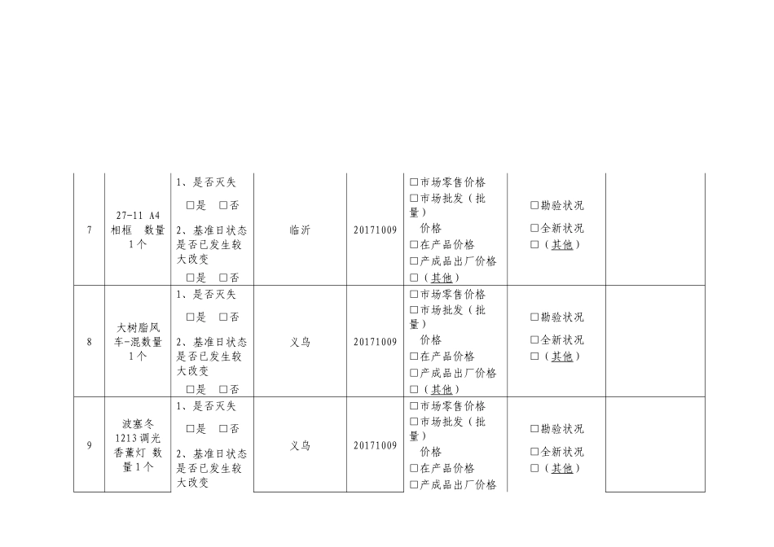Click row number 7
pos(89,230)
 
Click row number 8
pos(89,342)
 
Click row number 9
pos(89,445)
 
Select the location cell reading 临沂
pos(300,230)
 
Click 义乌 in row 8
pos(300,342)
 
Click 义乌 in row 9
pos(300,445)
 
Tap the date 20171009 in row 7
pos(375,230)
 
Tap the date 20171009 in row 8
pos(375,342)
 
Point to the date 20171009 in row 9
pos(375,445)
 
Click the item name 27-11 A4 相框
pos(137,222)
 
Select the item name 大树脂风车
pos(137,335)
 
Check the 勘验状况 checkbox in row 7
pos(534,206)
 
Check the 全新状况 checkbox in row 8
pos(534,340)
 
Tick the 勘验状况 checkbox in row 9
pos(534,429)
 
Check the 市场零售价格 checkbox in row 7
pos(414,182)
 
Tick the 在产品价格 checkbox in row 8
pos(414,357)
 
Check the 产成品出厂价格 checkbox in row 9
pos(414,485)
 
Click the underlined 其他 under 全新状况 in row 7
pos(562,245)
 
